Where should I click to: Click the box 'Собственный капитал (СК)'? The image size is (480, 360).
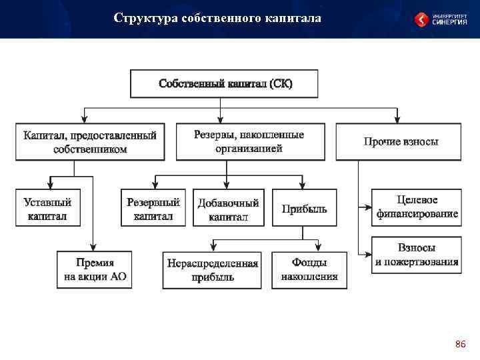226,84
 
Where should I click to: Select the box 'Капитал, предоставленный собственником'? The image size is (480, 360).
90,141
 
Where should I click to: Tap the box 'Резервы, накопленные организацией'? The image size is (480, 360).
249,141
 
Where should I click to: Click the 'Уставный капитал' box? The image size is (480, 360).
47,208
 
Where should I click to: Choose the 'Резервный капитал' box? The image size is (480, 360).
153,208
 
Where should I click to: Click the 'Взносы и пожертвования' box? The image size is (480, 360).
417,254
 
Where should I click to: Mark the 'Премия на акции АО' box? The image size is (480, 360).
95,269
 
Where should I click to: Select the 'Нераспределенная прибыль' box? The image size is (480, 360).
213,269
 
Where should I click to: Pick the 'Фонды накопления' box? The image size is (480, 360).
309,269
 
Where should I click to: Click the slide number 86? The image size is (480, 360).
460,344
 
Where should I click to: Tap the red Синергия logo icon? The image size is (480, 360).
422,19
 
